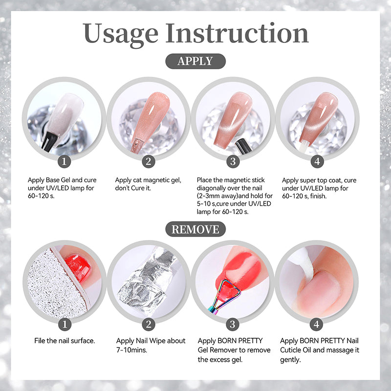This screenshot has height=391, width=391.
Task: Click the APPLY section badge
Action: coord(195,61)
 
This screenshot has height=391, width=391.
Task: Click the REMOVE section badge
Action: coord(195,229)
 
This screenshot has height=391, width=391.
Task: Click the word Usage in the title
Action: coord(120,34)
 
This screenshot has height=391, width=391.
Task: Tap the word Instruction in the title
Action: coord(237,33)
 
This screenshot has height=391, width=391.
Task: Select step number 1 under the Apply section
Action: coord(64,161)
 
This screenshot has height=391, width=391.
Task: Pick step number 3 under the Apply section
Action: coord(233,161)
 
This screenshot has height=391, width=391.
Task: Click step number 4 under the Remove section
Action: coord(316,325)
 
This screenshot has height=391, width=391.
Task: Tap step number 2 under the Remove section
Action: coord(149,325)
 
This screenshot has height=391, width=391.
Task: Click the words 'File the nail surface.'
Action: coord(65,341)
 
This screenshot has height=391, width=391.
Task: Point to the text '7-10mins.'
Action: coord(131,350)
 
